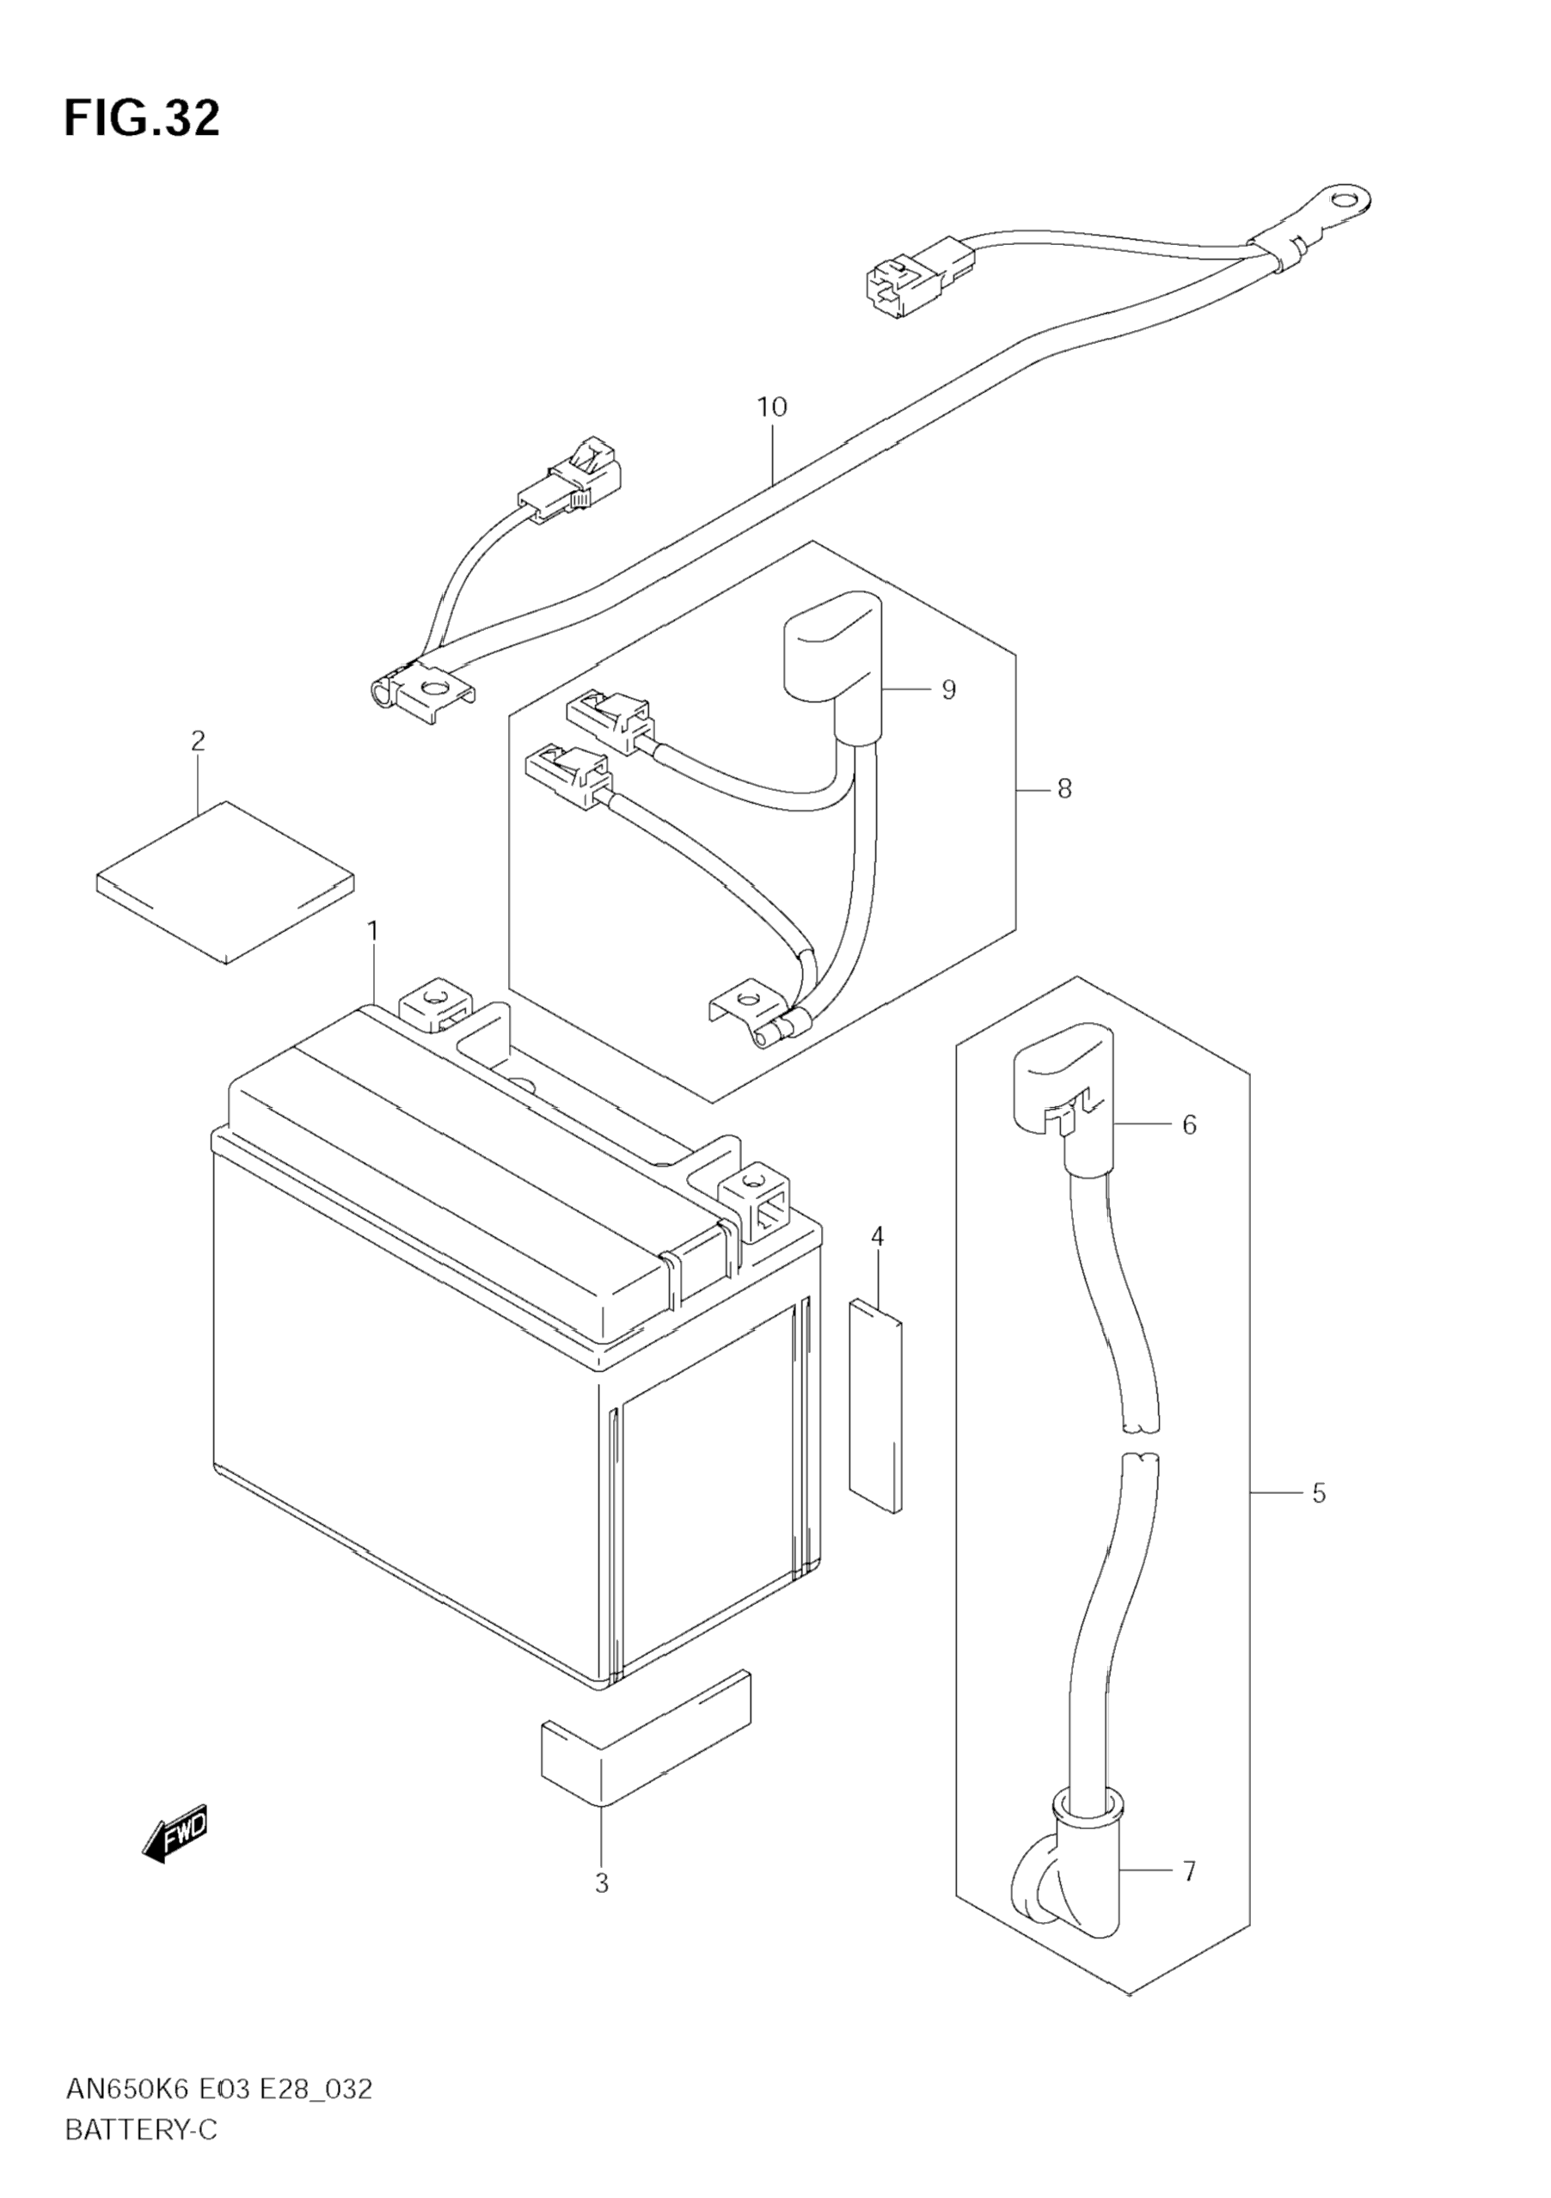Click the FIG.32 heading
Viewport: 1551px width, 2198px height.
pos(142,119)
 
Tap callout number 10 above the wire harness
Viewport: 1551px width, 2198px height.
pos(772,407)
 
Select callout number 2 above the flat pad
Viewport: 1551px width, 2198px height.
pos(199,740)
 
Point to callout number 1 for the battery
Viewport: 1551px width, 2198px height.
pos(372,930)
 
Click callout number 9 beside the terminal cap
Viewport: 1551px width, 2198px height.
pos(947,689)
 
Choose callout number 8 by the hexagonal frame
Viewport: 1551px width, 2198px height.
pos(1064,789)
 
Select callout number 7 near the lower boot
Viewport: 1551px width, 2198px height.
pos(1189,1870)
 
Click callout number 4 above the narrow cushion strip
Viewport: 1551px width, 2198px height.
pos(877,1237)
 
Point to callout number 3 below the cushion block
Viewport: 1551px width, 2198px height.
pos(601,1884)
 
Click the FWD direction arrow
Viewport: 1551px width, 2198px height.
pos(175,1835)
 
